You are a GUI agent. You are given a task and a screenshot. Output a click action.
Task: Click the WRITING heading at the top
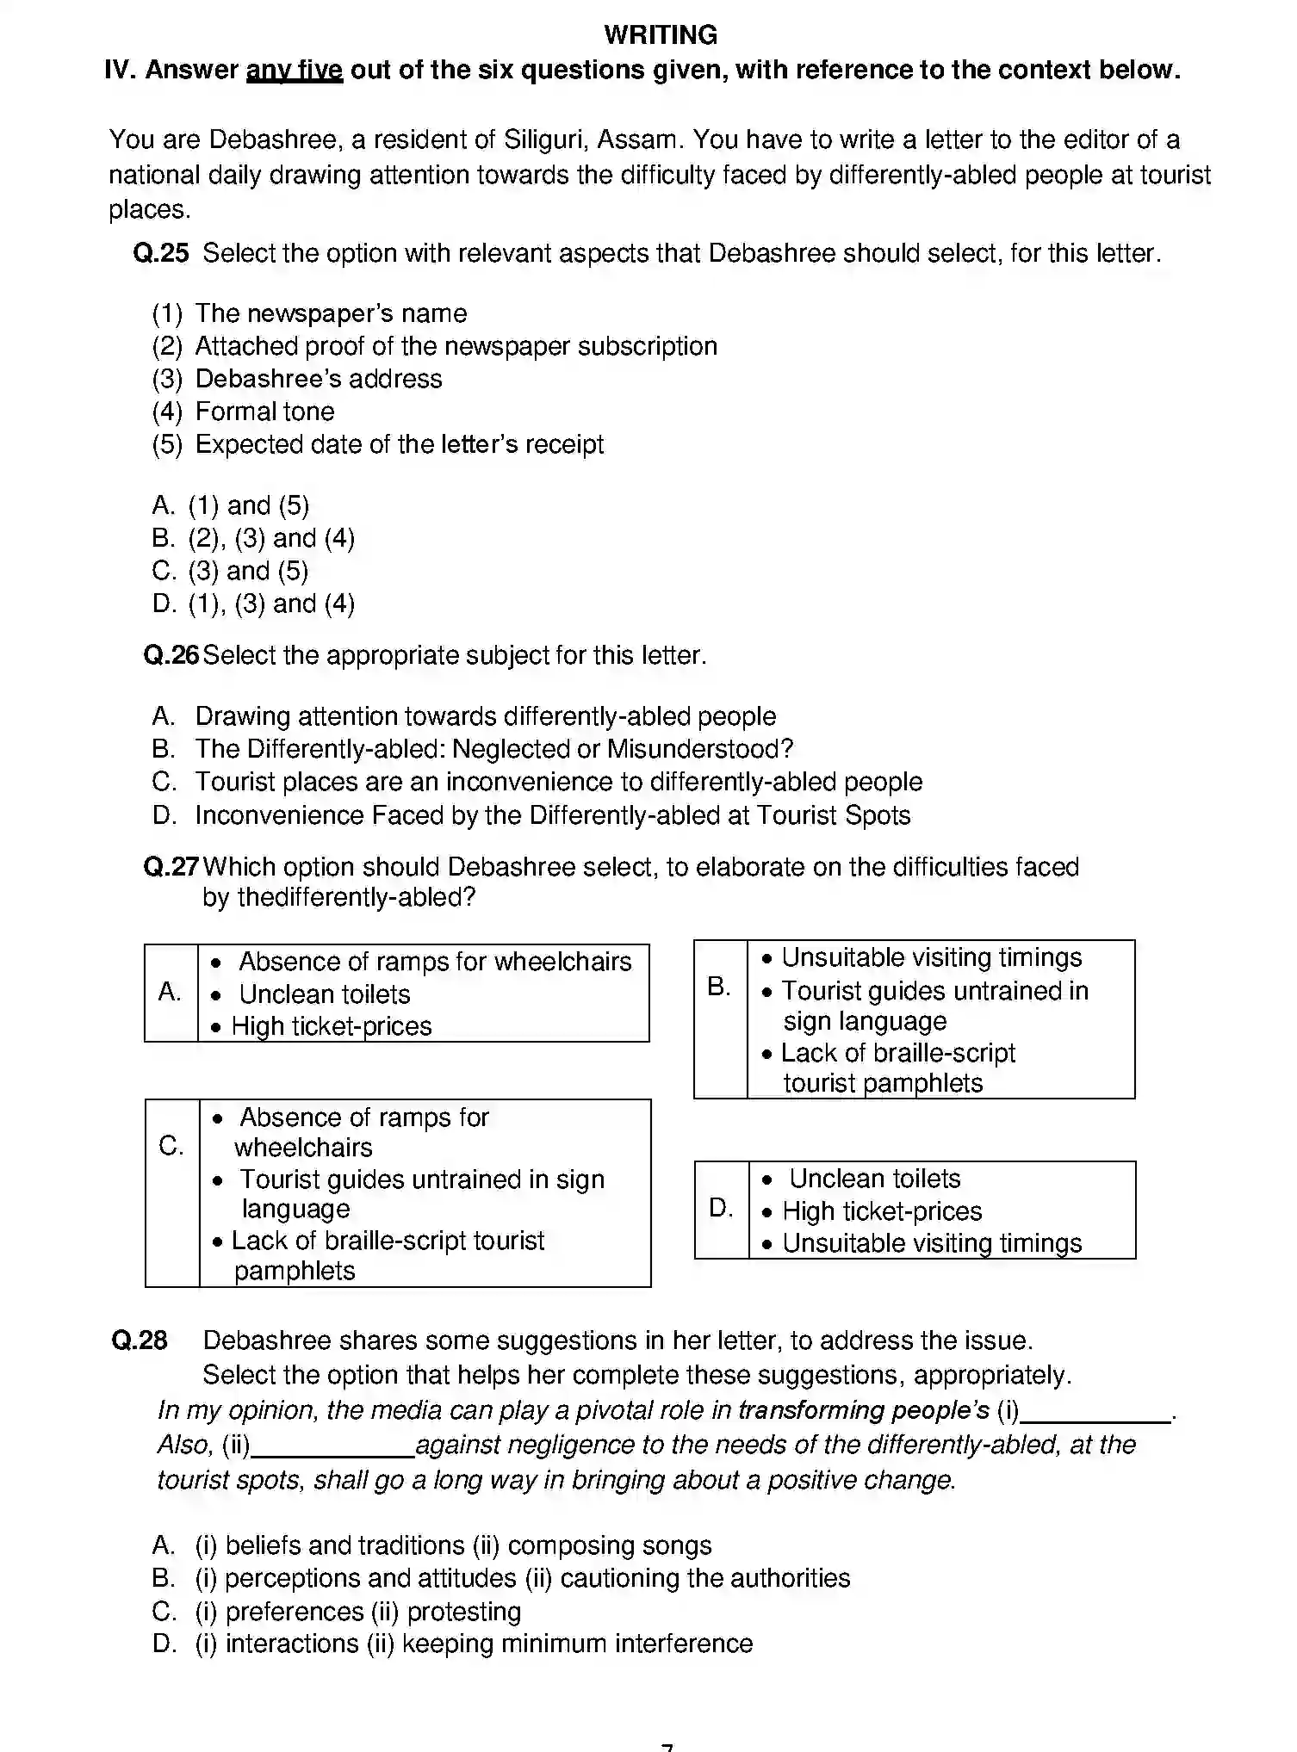661,35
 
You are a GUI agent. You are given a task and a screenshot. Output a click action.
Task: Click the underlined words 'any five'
295,71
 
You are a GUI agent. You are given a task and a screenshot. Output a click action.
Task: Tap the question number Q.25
161,253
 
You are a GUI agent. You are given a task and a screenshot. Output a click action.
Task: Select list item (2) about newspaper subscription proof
435,346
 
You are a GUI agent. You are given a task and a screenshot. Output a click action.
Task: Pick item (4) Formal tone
244,412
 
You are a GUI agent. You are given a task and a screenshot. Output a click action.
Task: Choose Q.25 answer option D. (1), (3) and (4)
254,604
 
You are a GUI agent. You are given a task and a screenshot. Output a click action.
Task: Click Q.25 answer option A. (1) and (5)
231,505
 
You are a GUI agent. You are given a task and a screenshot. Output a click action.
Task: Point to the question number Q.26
171,655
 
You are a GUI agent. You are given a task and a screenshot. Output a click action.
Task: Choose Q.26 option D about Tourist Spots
531,814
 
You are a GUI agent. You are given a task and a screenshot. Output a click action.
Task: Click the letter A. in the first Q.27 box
171,993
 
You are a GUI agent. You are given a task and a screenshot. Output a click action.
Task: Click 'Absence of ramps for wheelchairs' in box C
362,1131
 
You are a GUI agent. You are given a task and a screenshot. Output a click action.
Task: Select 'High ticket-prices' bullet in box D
881,1211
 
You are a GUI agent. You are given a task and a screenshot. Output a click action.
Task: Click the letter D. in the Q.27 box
721,1209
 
